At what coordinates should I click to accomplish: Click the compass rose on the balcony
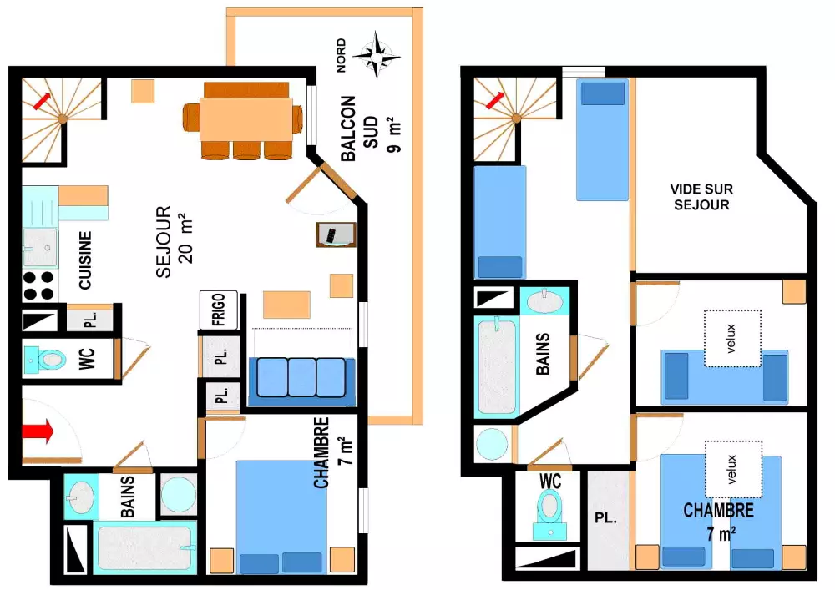(377, 55)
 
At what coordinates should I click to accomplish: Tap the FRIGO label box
(218, 310)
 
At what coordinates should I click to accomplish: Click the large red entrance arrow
(38, 431)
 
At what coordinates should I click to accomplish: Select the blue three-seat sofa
(301, 378)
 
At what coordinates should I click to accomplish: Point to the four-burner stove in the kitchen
(39, 285)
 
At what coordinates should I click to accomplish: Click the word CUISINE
(85, 260)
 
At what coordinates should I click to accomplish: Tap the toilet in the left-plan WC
(45, 360)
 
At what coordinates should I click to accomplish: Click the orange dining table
(246, 119)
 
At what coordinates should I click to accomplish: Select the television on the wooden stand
(336, 234)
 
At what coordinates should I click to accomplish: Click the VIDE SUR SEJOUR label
(701, 197)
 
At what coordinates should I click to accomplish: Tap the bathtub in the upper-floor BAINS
(497, 366)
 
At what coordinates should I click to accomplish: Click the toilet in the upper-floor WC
(550, 514)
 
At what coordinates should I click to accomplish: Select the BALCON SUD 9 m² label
(370, 129)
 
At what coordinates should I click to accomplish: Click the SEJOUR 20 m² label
(174, 241)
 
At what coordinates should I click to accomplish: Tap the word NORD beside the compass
(341, 55)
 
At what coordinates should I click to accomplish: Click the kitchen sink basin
(40, 247)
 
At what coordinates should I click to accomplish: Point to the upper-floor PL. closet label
(605, 517)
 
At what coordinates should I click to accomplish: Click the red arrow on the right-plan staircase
(494, 100)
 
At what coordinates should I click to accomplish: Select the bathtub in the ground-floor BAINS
(144, 548)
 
